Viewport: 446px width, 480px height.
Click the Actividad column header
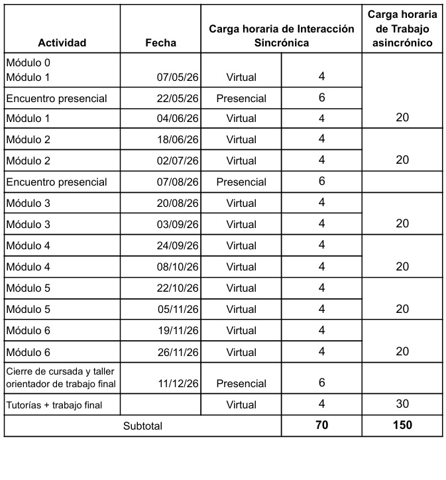pos(62,43)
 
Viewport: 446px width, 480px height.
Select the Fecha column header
pos(160,43)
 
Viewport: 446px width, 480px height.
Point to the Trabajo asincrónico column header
pos(402,29)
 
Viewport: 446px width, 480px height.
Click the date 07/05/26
pos(178,77)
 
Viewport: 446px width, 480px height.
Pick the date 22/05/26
pos(178,98)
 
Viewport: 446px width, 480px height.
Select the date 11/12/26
pos(178,383)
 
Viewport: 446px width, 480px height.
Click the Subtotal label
pos(142,426)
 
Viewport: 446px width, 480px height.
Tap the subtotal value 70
pos(321,425)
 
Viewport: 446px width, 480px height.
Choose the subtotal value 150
pos(402,425)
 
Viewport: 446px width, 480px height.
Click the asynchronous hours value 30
pos(402,404)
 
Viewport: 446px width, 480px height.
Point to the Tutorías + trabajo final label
pos(54,404)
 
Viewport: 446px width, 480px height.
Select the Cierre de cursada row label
pos(60,377)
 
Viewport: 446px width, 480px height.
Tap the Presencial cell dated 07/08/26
pos(241,182)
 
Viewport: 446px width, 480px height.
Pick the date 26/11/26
pos(178,352)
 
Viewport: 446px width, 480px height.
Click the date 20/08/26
pos(178,203)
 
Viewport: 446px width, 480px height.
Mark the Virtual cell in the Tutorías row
pos(241,404)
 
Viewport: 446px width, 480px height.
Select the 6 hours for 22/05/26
pos(321,97)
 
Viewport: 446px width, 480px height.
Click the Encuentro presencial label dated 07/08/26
pos(56,182)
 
